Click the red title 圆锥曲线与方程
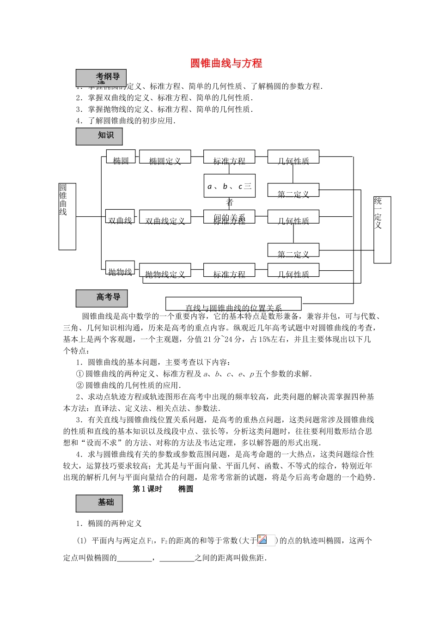(226, 63)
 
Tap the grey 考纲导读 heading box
(101, 78)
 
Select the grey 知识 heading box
(99, 136)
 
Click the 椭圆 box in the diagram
(121, 157)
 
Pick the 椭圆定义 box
(165, 157)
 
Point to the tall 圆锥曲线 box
(67, 216)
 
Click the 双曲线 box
(120, 217)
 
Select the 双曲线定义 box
(165, 217)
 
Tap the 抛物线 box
(120, 268)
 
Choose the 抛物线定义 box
(165, 270)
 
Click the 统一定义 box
(382, 230)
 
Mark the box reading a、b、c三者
(229, 186)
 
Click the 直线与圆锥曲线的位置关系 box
(233, 304)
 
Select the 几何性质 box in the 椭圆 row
(293, 157)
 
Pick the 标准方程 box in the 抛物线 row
(229, 270)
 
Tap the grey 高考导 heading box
(101, 298)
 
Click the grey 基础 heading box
(99, 503)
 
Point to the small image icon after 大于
(266, 540)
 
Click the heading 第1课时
(147, 489)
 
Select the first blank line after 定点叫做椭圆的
(134, 559)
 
